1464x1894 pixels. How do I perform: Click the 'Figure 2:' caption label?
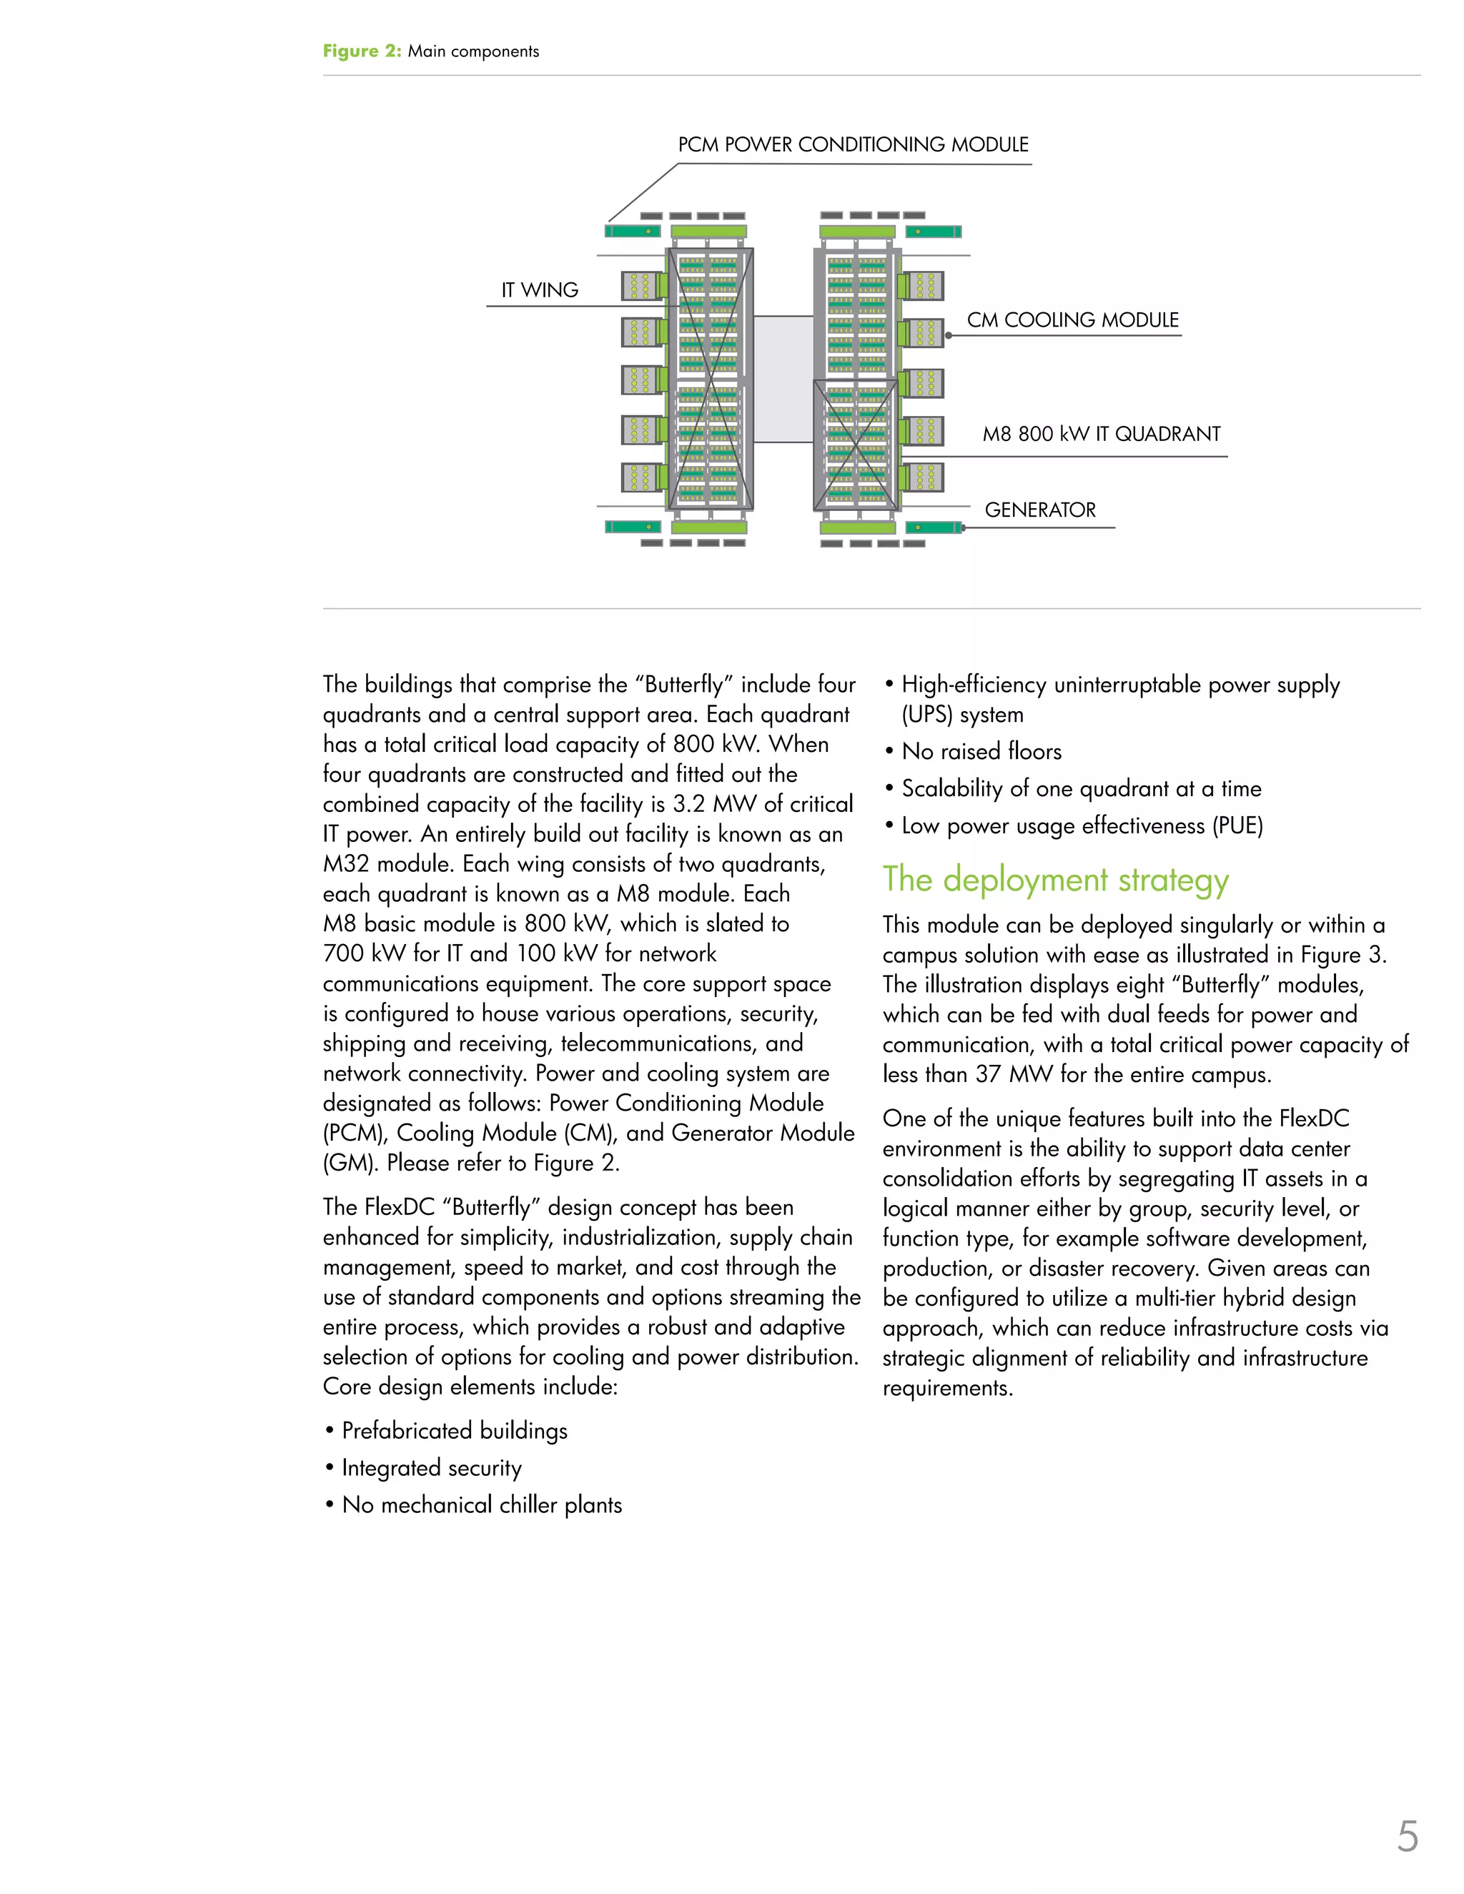362,51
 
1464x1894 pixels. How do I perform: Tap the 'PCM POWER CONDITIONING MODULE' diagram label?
853,145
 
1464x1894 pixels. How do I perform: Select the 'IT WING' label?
540,290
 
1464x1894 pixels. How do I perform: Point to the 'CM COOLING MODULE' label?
1072,320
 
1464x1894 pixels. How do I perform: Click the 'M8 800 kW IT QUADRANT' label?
1101,435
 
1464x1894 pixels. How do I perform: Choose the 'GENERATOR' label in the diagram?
1040,510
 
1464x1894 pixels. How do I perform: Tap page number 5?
1407,1837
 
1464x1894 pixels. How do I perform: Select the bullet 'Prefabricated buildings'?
455,1431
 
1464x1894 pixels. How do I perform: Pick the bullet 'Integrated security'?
432,1468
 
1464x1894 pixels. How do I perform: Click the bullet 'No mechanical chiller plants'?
481,1505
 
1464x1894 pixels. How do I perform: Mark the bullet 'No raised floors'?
981,752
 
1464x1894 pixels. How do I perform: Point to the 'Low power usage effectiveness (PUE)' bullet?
1082,826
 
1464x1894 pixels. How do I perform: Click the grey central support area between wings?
783,379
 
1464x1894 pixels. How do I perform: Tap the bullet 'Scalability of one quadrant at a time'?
1081,789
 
